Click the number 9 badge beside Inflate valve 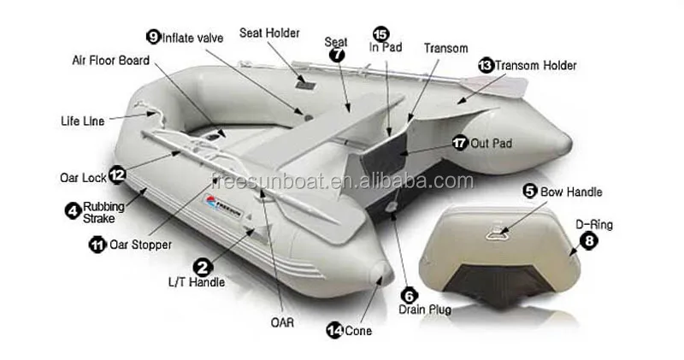tap(154, 37)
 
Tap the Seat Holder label tap(269, 33)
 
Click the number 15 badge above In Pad tap(380, 33)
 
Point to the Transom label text tap(446, 48)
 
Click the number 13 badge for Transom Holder tap(486, 65)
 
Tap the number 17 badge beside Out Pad tap(460, 144)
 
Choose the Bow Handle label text tap(571, 192)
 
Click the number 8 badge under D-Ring tap(589, 240)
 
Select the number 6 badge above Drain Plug tap(410, 295)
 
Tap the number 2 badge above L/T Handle tap(203, 267)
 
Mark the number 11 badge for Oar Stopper tap(97, 245)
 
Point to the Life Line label tap(83, 121)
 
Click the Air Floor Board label tap(111, 61)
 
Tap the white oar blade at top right tap(509, 85)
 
